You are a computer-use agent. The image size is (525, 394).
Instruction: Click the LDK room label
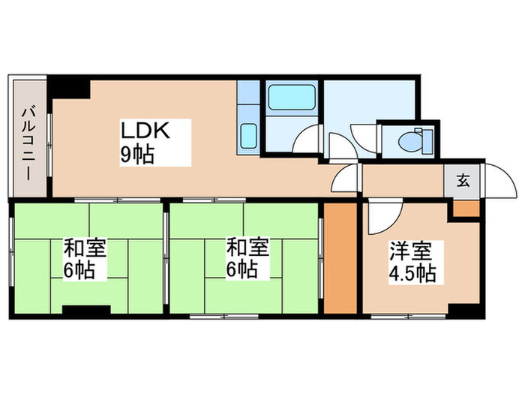point(148,131)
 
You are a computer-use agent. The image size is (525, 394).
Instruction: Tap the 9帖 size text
point(140,156)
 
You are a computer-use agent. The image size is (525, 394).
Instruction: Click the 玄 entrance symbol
point(463,181)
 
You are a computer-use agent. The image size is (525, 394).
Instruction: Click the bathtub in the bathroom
point(289,97)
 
